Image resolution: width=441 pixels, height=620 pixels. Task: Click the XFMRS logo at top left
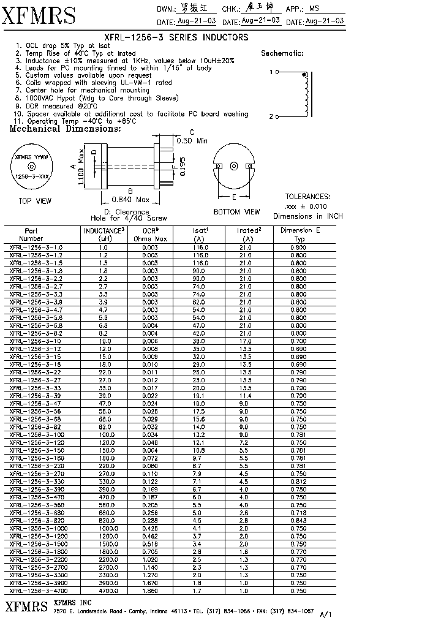(40, 15)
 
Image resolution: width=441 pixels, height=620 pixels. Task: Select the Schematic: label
(282, 53)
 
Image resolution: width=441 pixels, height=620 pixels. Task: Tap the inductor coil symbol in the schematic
(304, 94)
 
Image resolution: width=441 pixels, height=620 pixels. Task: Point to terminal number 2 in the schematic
(271, 116)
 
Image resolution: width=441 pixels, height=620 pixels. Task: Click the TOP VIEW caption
(35, 201)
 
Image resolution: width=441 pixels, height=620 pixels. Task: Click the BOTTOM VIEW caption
(236, 212)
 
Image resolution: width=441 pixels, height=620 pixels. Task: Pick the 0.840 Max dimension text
(130, 200)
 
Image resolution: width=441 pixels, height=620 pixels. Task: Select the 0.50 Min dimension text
(192, 141)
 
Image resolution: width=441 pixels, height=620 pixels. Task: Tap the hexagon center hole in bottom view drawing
(233, 166)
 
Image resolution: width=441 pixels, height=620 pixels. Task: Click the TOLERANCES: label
(307, 197)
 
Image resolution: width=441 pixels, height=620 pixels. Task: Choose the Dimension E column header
(300, 234)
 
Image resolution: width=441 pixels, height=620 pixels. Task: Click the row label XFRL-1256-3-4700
(36, 591)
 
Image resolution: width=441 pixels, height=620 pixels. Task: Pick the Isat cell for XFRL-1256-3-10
(198, 341)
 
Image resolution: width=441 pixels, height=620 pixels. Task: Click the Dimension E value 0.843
(299, 520)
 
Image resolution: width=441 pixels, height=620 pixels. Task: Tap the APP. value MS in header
(314, 9)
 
